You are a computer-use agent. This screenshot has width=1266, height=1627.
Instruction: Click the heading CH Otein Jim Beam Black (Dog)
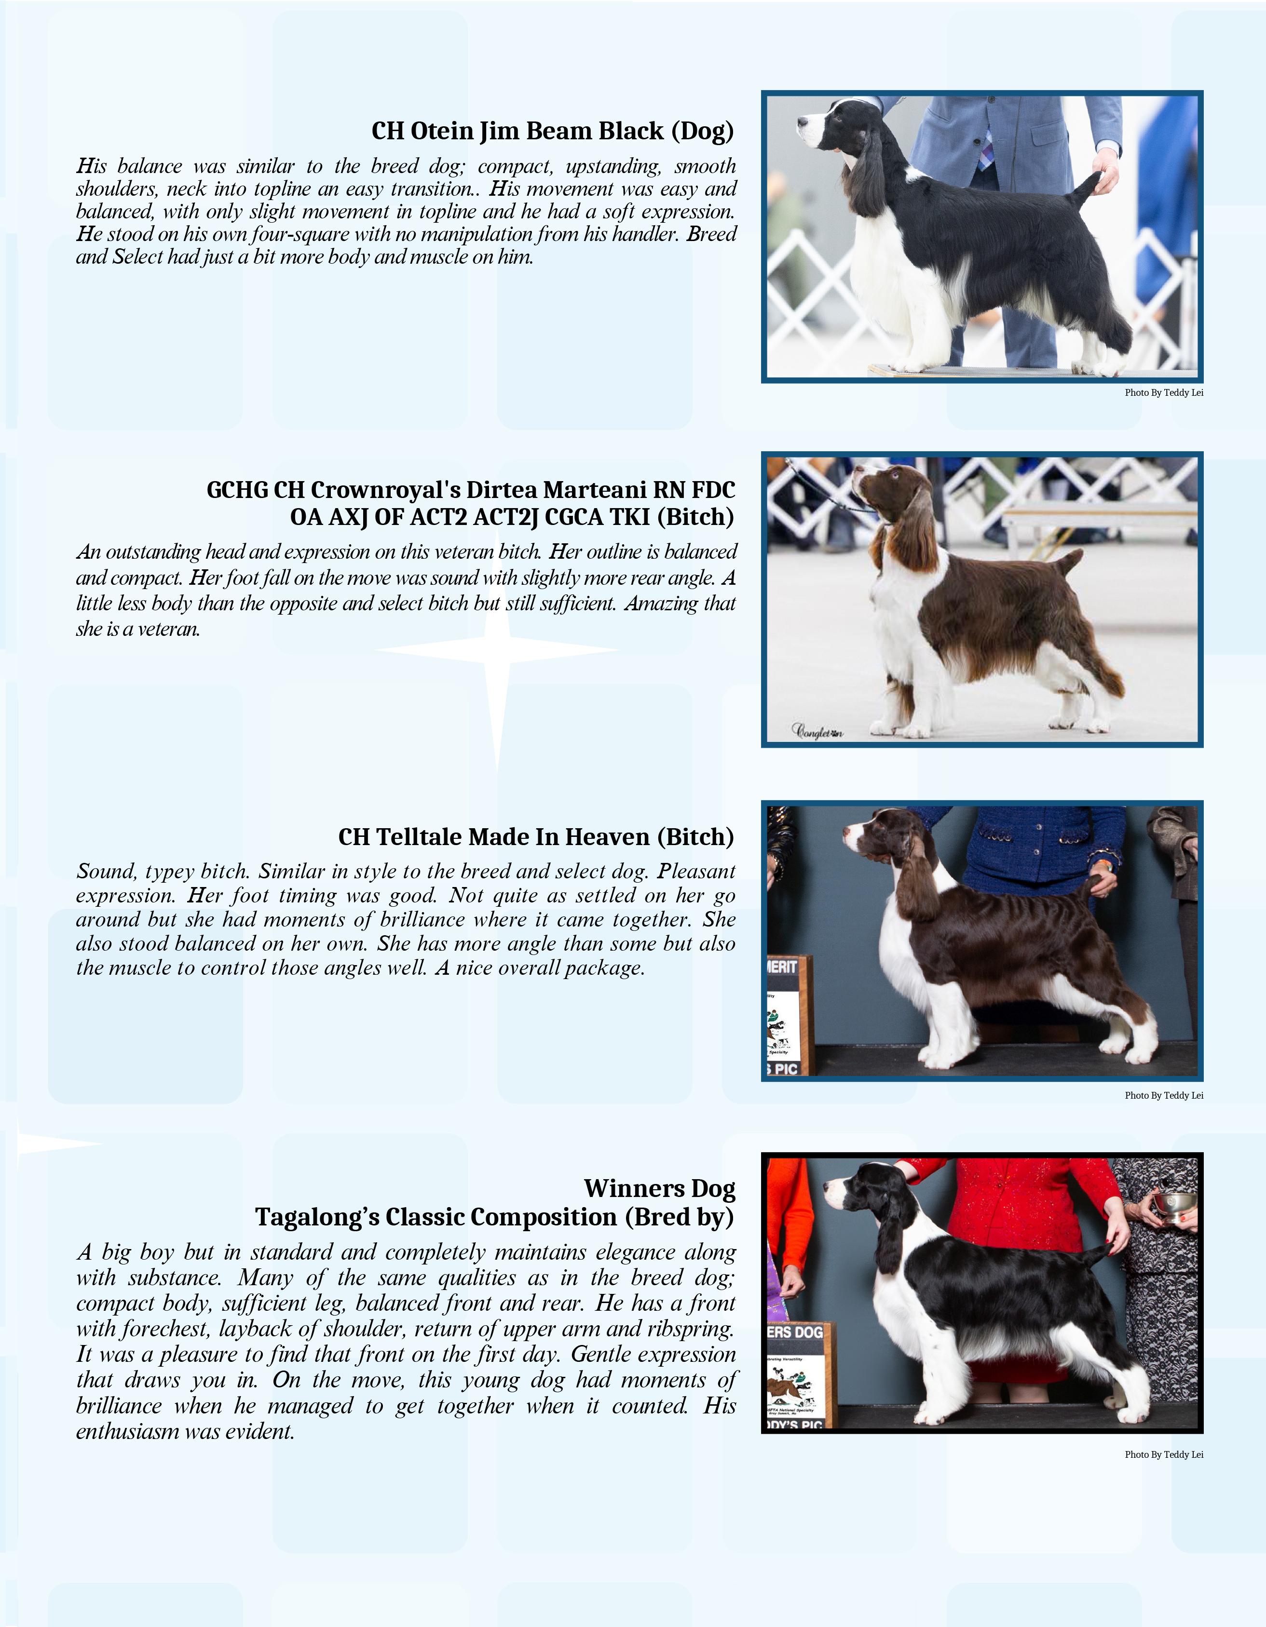[x=553, y=131]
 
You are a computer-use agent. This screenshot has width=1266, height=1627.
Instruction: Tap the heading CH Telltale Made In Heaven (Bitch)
[x=536, y=836]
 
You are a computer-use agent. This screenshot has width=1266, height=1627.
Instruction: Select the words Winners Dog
[x=659, y=1188]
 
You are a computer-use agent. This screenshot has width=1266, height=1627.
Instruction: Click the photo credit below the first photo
[x=1164, y=392]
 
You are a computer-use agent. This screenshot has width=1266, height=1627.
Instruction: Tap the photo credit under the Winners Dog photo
[x=1164, y=1454]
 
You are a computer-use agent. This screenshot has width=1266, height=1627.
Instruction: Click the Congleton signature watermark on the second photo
[x=817, y=732]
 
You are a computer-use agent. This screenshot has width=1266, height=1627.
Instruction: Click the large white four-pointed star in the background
[x=497, y=650]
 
